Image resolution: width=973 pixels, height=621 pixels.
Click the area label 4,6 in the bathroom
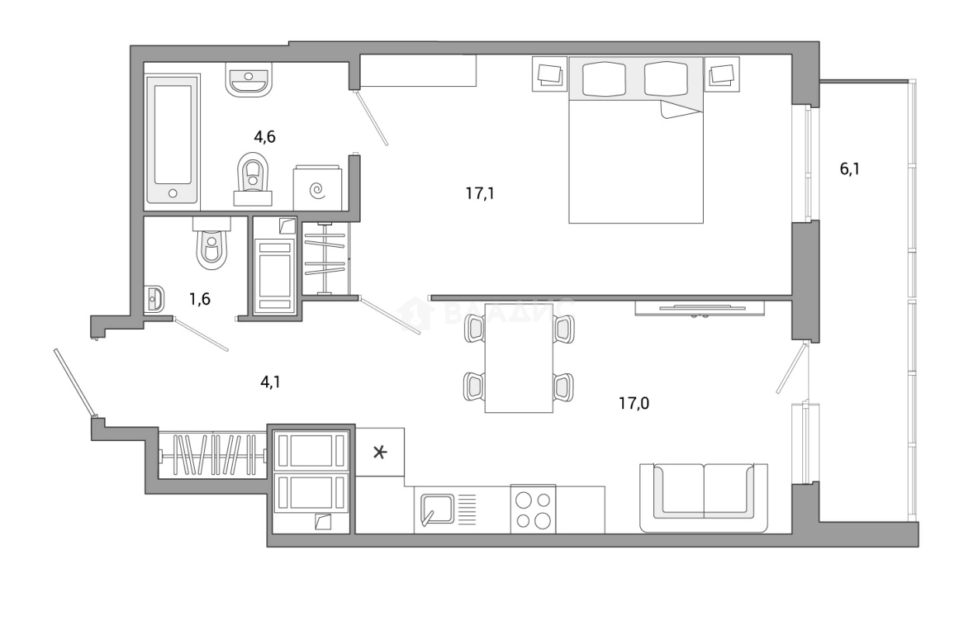(265, 137)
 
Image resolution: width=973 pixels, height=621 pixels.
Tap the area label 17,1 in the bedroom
(480, 193)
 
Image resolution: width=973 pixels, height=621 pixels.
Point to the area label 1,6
(200, 297)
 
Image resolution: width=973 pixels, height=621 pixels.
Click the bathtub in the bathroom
(173, 139)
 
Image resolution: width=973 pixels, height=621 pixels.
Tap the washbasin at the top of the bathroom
(248, 78)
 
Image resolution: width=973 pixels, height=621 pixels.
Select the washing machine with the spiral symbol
(317, 187)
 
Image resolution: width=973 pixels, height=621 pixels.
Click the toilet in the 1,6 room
(210, 245)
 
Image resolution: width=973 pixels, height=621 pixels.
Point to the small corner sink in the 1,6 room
(155, 299)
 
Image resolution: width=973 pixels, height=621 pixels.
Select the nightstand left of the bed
(550, 75)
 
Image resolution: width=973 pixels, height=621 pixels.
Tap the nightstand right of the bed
(722, 75)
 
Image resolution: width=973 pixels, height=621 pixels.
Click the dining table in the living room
(518, 358)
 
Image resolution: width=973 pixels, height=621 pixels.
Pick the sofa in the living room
(703, 497)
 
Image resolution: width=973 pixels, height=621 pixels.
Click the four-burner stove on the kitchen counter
(533, 510)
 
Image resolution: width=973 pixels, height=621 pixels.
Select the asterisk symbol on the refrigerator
(379, 452)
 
